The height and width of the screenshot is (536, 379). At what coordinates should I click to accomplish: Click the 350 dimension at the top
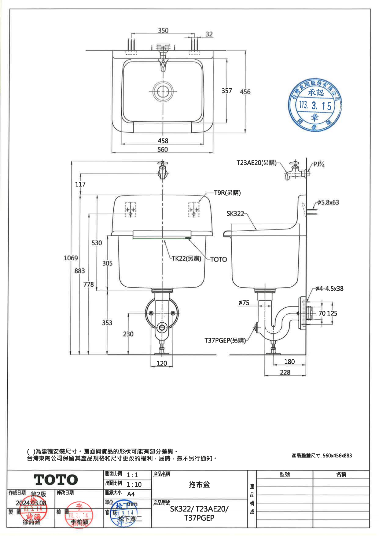tap(163, 30)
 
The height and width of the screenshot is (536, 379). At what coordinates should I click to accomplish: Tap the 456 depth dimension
tap(245, 91)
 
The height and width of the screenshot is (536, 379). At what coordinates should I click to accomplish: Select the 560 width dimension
tap(163, 149)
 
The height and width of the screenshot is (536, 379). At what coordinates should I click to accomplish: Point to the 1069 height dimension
tap(71, 258)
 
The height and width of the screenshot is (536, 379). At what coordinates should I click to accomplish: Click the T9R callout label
tap(227, 193)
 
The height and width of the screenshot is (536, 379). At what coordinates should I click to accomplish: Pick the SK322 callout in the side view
tap(235, 213)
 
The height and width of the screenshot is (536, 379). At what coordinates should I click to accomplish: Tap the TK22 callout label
tap(186, 259)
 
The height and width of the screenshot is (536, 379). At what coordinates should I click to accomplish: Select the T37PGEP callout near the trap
tap(225, 340)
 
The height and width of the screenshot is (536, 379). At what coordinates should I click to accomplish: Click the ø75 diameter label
tap(244, 303)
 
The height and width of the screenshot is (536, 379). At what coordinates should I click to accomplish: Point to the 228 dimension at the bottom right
tap(285, 372)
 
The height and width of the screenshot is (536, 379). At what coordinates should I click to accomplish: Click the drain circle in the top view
tap(163, 91)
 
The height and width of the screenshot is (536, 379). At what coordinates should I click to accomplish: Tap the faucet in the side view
tap(295, 171)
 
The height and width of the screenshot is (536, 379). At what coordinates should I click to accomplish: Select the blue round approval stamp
tap(315, 105)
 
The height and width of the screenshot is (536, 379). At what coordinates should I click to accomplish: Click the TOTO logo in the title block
tap(56, 480)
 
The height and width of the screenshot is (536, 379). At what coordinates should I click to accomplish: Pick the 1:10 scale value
tap(134, 484)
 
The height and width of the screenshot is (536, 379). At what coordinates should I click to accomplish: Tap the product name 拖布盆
tap(199, 485)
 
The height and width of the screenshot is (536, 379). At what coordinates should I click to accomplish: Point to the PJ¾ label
tap(319, 164)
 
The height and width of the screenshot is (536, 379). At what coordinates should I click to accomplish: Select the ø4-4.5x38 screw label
tap(329, 288)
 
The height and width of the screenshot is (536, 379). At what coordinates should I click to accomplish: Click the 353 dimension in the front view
tap(107, 323)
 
